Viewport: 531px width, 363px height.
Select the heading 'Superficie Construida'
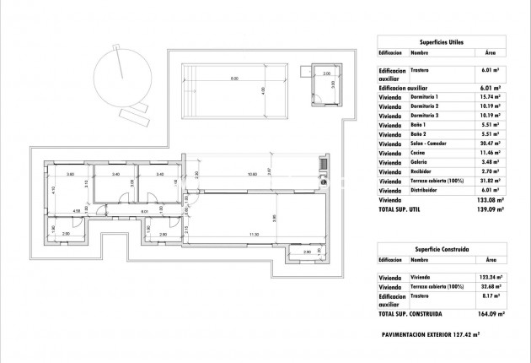[442, 251]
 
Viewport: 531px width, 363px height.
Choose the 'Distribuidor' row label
[426, 190]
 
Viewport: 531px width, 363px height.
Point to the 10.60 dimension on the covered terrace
[251, 175]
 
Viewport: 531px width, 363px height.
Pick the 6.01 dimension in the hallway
[144, 212]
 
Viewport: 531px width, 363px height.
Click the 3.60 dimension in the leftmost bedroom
[71, 175]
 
